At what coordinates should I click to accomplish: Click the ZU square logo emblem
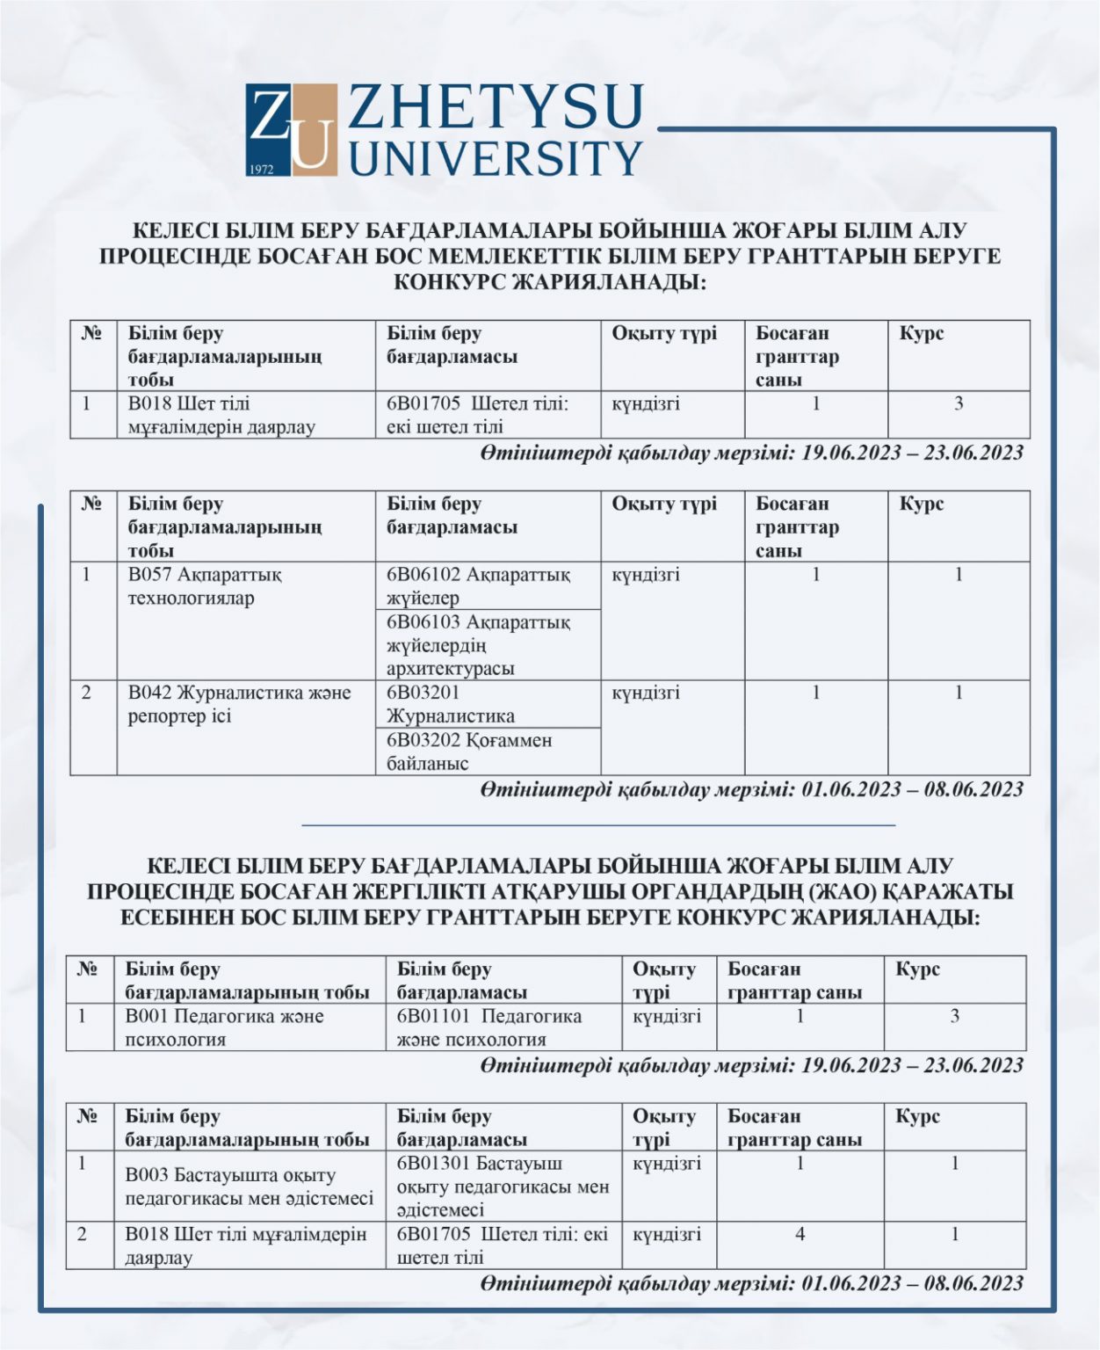tap(291, 130)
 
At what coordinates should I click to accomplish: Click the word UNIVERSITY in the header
tap(496, 158)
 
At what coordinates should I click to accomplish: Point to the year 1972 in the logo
tap(263, 167)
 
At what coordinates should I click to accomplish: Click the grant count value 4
tap(800, 1234)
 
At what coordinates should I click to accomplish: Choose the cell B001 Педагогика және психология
tap(224, 1027)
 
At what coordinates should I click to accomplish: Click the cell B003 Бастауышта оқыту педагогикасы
tap(249, 1187)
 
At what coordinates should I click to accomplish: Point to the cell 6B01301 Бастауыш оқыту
tap(503, 1186)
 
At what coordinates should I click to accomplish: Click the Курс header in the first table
tap(921, 334)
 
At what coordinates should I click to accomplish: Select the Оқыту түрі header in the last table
tap(663, 1128)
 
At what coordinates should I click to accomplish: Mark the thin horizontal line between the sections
tap(597, 825)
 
